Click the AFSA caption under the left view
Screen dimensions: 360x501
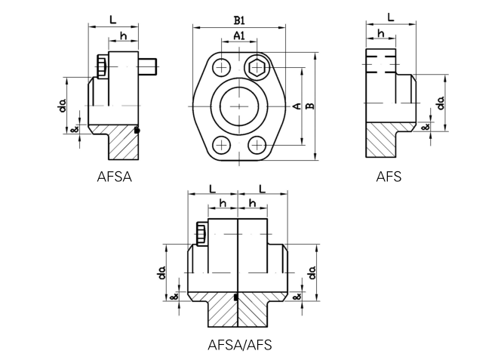[x=115, y=177]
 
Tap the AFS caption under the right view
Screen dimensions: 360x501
[x=389, y=177]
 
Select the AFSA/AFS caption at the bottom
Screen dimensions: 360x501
[x=239, y=345]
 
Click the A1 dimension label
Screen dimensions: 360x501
[x=238, y=35]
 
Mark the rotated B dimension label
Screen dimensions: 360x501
[x=309, y=106]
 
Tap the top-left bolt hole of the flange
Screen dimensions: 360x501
[x=220, y=66]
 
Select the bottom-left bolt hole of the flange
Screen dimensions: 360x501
[x=220, y=144]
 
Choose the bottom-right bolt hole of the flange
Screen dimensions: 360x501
[x=258, y=144]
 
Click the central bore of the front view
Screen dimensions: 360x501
[x=239, y=106]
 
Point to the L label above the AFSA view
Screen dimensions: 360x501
[x=113, y=19]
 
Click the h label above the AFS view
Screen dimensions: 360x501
[x=380, y=34]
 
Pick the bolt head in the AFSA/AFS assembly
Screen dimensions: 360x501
[x=200, y=233]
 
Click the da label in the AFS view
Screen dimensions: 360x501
[x=439, y=102]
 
